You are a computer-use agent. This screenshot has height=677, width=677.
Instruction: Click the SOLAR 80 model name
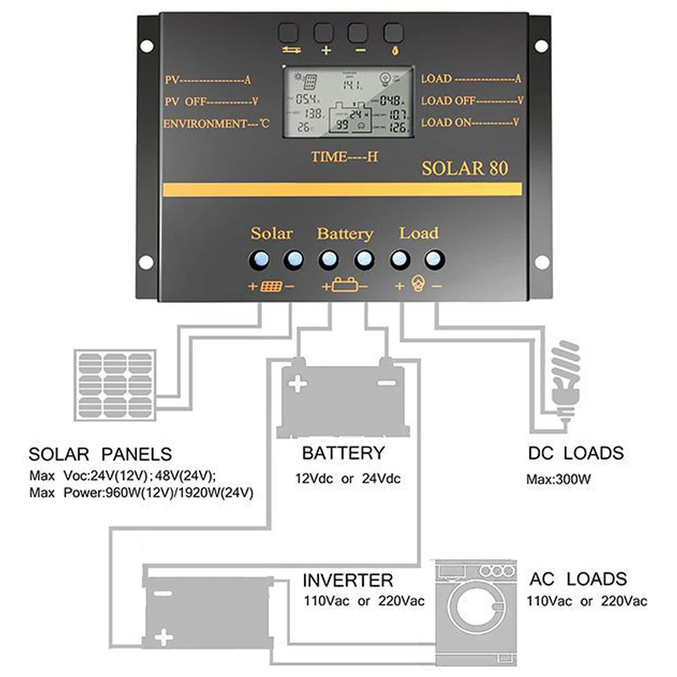tap(465, 168)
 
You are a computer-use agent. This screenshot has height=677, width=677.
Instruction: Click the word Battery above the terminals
tap(344, 234)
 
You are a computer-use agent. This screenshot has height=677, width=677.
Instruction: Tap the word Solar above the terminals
tap(272, 233)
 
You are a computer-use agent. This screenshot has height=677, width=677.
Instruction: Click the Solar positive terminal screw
tap(259, 258)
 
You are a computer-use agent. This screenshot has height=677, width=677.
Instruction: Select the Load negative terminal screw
tap(434, 258)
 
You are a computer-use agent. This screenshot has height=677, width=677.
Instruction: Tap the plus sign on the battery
tap(297, 384)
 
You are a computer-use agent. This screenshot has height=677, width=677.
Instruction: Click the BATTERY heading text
tap(343, 454)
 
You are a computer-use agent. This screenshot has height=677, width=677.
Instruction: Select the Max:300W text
tap(559, 479)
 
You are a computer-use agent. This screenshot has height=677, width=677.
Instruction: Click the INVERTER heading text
tap(348, 581)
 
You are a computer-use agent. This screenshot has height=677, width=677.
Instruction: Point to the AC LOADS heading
tap(578, 580)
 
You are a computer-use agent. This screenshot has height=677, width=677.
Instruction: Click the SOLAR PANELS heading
tap(100, 454)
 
